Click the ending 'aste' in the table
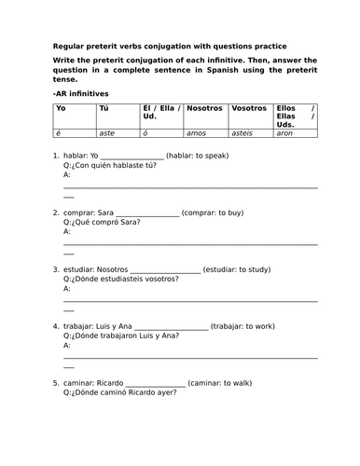point(110,134)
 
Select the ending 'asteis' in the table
point(243,134)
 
